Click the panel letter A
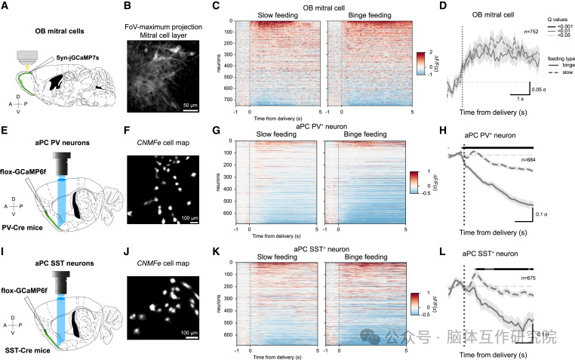[x=7, y=7]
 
